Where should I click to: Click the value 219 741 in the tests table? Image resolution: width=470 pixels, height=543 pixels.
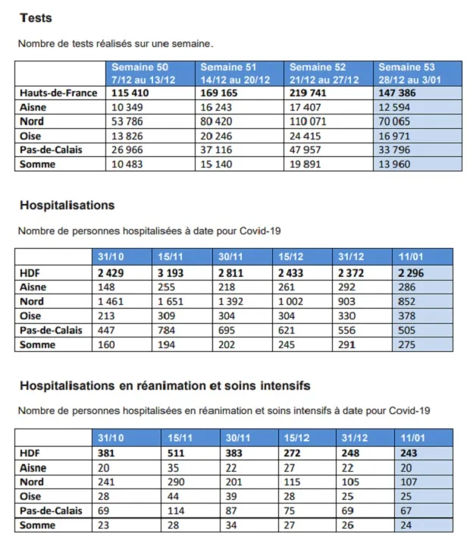click(x=312, y=93)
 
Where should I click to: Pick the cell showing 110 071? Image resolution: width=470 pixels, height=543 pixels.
click(x=312, y=121)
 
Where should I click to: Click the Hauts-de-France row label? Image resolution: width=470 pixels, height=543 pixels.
click(x=58, y=93)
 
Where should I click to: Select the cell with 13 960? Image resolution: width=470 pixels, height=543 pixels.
click(x=397, y=164)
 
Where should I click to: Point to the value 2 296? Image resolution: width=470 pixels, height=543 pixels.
click(x=411, y=272)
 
